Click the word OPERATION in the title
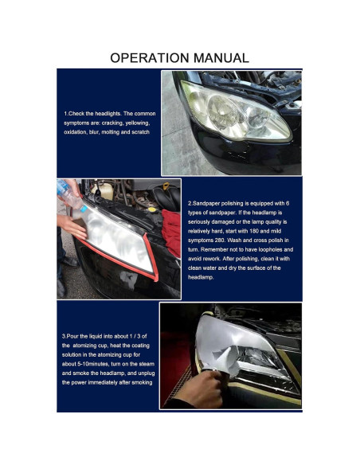[x=150, y=58]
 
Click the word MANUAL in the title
[x=221, y=58]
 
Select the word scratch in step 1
[x=139, y=132]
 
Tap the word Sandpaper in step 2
[x=206, y=204]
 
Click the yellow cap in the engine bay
[x=166, y=186]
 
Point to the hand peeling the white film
[x=205, y=389]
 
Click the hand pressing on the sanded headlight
[x=72, y=226]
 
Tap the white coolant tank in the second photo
[x=102, y=190]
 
